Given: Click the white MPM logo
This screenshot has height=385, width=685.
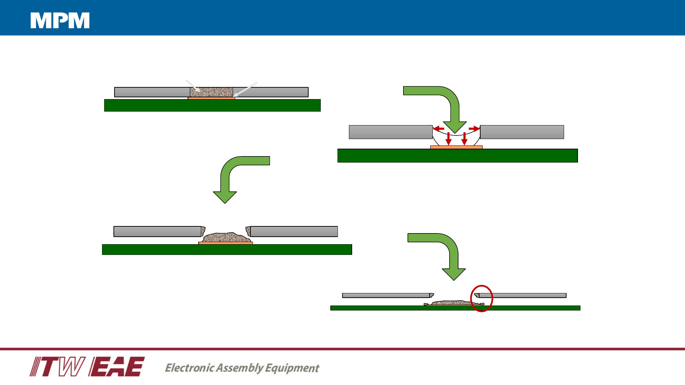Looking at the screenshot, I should click(x=60, y=20).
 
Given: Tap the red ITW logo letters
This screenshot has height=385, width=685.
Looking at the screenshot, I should click(x=57, y=366).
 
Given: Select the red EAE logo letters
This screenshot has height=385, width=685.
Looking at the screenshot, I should click(x=116, y=366).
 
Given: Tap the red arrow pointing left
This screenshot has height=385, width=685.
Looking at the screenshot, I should click(x=438, y=129).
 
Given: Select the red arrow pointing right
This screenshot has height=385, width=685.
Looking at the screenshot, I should click(x=474, y=128).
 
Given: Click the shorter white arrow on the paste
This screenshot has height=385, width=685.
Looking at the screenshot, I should click(x=193, y=86).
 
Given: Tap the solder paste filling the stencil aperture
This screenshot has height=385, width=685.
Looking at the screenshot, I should click(x=211, y=92).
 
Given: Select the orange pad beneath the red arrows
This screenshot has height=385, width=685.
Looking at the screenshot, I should click(x=456, y=147).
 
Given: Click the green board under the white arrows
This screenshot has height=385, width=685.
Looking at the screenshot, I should click(x=212, y=106).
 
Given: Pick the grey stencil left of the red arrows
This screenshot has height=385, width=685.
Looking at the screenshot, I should click(x=391, y=132).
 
